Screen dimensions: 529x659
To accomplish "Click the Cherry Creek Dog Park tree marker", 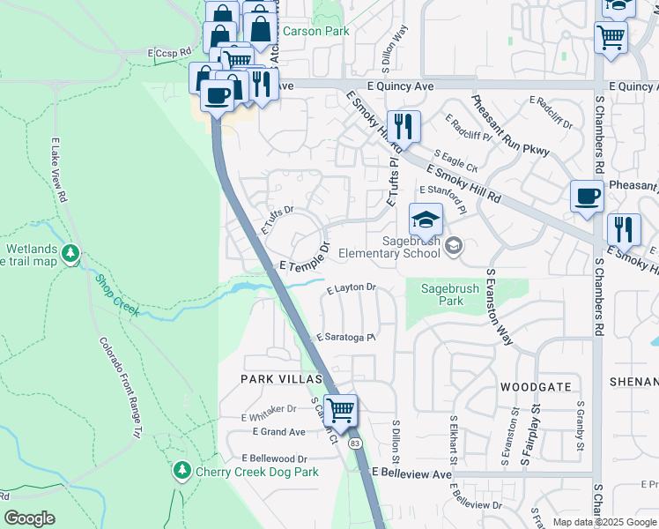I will tap(182, 470).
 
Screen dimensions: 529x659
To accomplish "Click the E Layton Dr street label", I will tap(352, 288).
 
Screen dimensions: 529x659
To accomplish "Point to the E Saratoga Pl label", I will tap(347, 338).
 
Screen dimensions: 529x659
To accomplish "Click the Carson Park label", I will tap(316, 32).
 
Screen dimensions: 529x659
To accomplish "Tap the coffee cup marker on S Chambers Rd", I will tap(587, 196).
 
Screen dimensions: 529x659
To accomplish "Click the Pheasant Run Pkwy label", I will tap(510, 126).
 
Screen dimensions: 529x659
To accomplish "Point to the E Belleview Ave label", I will tap(411, 473).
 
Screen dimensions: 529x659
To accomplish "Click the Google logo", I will tap(29, 518).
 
